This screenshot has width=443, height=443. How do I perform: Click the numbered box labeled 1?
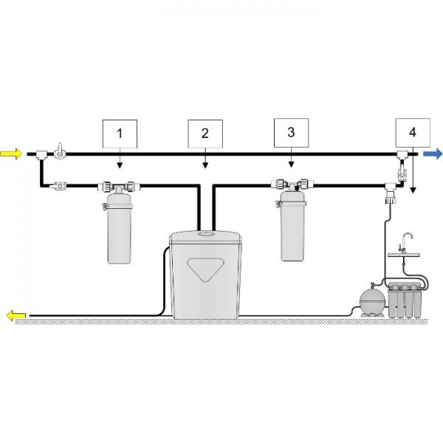(120, 134)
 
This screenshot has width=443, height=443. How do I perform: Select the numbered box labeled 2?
(205, 134)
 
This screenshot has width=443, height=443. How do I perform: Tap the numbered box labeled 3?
(291, 133)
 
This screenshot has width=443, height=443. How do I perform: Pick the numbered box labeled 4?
(412, 133)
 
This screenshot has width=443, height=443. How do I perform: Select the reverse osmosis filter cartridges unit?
(406, 301)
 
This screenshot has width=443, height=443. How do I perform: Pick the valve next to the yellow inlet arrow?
(59, 153)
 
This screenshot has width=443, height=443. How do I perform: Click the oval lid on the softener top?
(206, 233)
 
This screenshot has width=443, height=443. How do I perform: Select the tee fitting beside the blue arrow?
(401, 154)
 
